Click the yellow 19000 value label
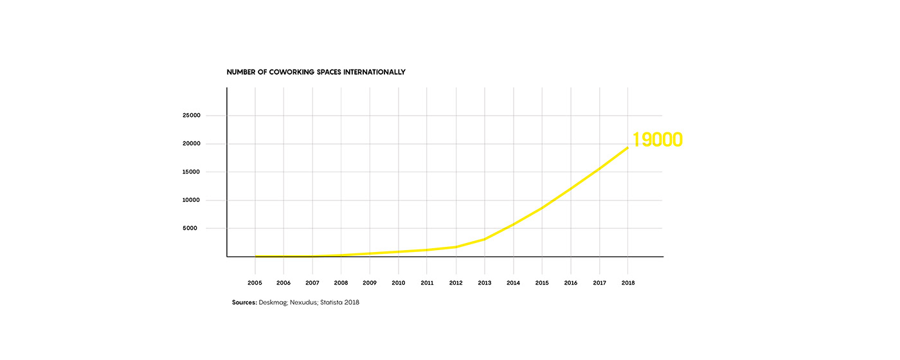tap(657, 139)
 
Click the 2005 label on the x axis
tap(255, 282)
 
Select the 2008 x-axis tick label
tap(341, 282)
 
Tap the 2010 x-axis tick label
tap(399, 282)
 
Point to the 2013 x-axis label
tap(485, 282)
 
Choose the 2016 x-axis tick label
tap(571, 282)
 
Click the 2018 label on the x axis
tap(628, 282)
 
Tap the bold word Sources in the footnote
tap(244, 302)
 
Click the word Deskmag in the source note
tap(273, 302)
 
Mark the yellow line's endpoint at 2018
tap(628, 148)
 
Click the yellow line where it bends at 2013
tap(485, 239)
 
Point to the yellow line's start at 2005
tap(256, 256)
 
